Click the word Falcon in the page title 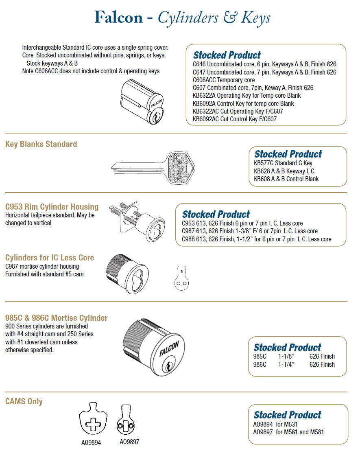118,18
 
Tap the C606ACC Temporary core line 224,80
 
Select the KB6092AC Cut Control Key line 238,119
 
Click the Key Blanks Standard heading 41,144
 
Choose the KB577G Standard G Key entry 283,163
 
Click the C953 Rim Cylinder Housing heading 52,207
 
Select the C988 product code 189,239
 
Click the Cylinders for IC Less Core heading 50,258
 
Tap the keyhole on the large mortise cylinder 166,367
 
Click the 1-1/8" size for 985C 286,357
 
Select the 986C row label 260,364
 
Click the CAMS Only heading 24,401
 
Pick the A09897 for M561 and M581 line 288,432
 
